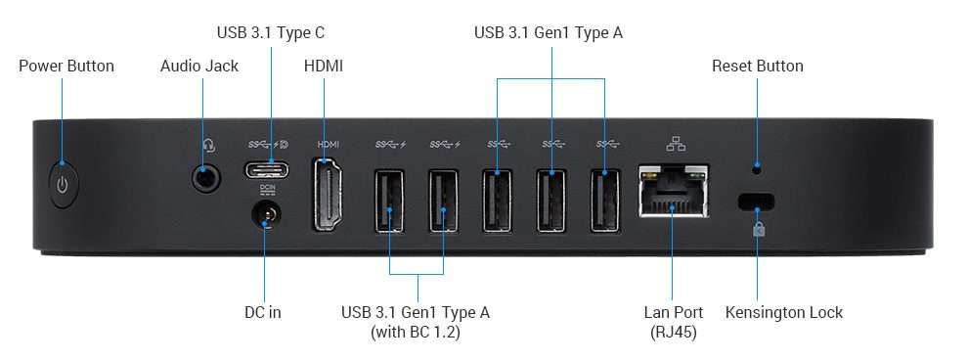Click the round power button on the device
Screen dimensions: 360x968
coord(63,185)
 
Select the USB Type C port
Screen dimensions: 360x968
coord(266,169)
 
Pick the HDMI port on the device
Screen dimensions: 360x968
coord(328,197)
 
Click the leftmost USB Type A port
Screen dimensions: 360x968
coord(389,201)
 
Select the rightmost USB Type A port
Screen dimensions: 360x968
coord(604,201)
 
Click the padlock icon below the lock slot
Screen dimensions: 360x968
coord(758,229)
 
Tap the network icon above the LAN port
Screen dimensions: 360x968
coord(676,145)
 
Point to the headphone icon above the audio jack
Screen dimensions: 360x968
coord(207,146)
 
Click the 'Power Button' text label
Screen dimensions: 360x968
coord(66,67)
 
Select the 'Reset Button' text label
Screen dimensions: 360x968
coord(758,67)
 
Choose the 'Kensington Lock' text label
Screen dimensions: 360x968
coord(783,313)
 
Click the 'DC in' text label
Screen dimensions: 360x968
coord(262,313)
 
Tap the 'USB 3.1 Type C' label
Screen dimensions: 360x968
coord(271,33)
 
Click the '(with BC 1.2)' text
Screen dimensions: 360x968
coord(416,333)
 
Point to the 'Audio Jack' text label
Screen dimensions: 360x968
coord(199,67)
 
